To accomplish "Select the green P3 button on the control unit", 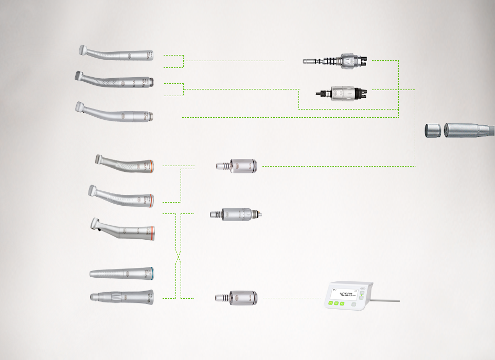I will click(341, 303).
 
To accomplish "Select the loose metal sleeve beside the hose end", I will click(432, 130).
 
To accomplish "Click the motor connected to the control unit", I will click(238, 297).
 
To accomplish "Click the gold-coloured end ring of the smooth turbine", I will click(151, 115).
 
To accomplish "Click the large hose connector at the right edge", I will click(468, 130).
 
